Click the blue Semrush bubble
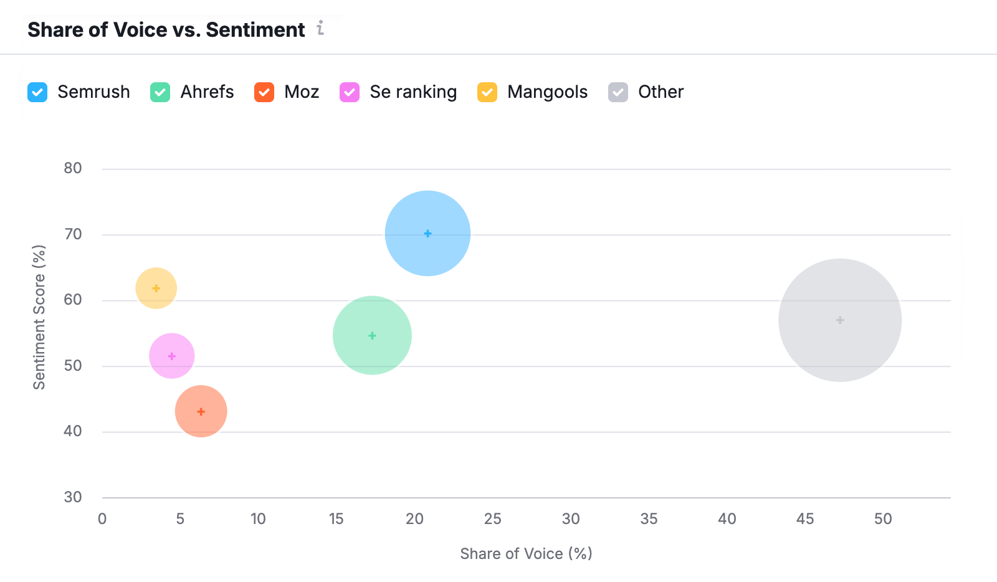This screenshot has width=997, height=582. (427, 234)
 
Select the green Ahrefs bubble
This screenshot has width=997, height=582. (372, 335)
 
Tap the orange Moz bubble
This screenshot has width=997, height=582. (201, 411)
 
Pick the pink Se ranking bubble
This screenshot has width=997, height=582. (172, 356)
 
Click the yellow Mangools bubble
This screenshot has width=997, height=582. (156, 288)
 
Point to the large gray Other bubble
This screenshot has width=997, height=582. (840, 320)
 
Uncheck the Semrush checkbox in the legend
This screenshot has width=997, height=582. (37, 92)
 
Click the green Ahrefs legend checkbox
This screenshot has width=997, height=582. (160, 92)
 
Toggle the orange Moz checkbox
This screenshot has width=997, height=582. (264, 92)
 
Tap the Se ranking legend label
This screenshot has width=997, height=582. (413, 92)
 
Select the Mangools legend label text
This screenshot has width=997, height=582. (547, 92)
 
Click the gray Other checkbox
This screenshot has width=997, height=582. (618, 92)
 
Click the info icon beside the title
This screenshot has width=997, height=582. (320, 28)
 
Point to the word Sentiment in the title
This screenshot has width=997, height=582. (255, 30)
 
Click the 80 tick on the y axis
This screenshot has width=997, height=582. (73, 168)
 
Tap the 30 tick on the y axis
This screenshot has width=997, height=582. (73, 497)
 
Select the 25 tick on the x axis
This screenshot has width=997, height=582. (492, 519)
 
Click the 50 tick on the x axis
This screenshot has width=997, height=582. (883, 519)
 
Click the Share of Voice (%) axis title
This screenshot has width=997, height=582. (526, 554)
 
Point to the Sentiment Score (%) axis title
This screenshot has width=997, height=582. (39, 317)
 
